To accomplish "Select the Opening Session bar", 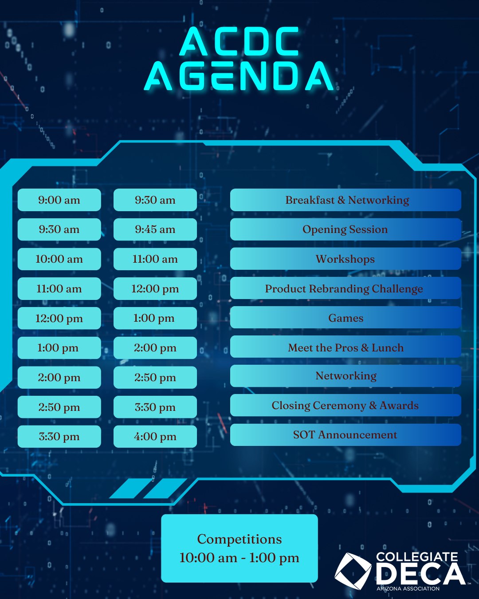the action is click(346, 229).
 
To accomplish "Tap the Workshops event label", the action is click(346, 259).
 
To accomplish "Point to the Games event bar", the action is click(346, 318).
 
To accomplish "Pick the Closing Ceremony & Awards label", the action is click(346, 405).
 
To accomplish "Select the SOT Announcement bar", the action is click(346, 435).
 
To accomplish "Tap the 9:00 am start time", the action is click(59, 200).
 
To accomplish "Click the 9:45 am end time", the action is click(155, 229).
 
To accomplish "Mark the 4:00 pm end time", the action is click(155, 437).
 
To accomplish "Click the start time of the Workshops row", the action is click(59, 259).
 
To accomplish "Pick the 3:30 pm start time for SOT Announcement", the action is click(59, 437).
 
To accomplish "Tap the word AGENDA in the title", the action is click(239, 76).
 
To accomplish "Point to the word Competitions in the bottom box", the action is click(239, 539).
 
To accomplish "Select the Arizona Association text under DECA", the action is click(408, 589).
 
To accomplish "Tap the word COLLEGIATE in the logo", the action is click(417, 557).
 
